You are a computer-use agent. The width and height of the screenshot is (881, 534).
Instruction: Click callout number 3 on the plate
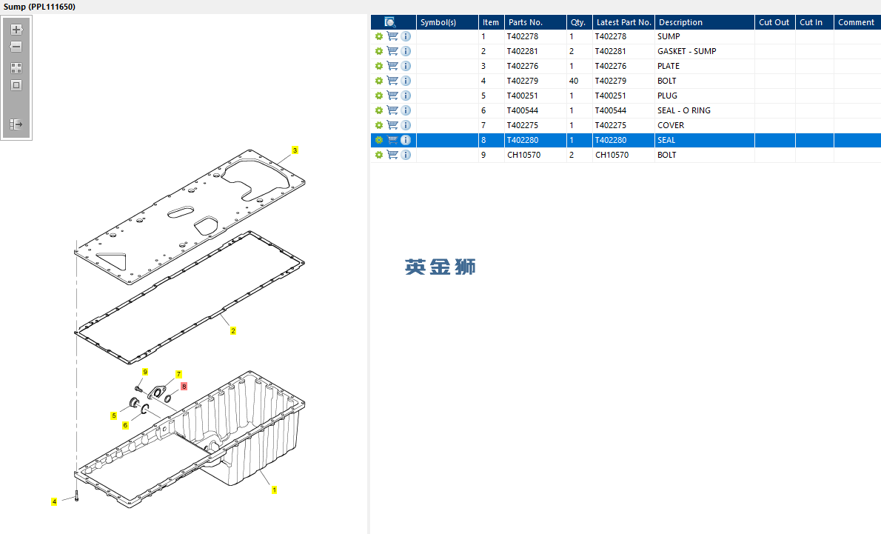pos(295,150)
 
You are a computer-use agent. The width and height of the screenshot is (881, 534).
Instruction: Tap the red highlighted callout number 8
pos(184,386)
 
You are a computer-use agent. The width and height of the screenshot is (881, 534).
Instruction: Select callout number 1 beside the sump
pos(274,490)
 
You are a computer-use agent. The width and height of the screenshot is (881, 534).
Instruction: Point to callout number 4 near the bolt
pos(54,501)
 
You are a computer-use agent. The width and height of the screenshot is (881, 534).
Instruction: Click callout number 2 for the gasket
pos(233,330)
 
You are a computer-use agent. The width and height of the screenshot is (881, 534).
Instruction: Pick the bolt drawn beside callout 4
pos(76,495)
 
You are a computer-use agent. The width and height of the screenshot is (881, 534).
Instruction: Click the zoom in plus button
pos(16,30)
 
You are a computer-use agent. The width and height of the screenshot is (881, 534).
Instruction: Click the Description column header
pos(680,22)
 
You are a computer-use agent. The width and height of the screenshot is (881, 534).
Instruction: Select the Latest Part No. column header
pos(623,22)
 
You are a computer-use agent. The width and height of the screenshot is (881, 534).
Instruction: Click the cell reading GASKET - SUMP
pos(686,51)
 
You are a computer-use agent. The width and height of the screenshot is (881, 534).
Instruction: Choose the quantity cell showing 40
pos(574,81)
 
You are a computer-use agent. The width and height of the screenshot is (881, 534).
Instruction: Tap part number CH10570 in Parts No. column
pos(523,155)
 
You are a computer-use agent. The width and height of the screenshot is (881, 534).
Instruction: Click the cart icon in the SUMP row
pos(392,36)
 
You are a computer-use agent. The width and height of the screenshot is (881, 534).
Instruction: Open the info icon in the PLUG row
pos(406,96)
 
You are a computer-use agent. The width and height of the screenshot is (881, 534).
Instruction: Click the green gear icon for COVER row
pos(379,125)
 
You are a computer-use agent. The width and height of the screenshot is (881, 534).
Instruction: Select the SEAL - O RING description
pos(684,111)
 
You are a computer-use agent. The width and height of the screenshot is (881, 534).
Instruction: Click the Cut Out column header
pos(774,22)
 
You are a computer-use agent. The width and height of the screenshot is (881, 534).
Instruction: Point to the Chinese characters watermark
pos(440,267)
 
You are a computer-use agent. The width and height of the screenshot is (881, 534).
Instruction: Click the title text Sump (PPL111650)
pos(39,7)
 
